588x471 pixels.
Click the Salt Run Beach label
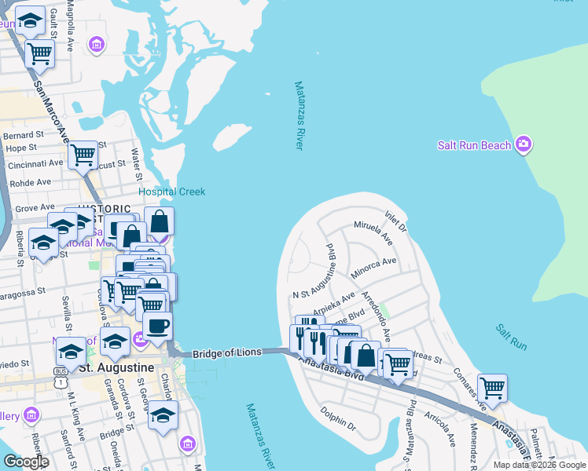click(474, 144)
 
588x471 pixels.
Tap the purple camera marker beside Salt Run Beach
click(524, 144)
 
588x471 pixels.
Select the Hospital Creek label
click(171, 192)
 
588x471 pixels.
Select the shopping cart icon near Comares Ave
click(492, 388)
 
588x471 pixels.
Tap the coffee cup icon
click(157, 326)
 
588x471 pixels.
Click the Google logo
click(26, 462)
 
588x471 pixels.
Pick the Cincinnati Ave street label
click(35, 165)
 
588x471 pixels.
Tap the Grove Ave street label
click(35, 208)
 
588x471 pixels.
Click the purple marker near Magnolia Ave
click(97, 46)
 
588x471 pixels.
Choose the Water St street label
click(136, 162)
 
